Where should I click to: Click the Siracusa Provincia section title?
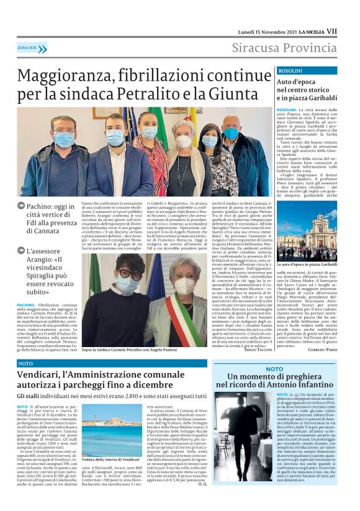[284, 48]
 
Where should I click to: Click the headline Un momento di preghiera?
[284, 381]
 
